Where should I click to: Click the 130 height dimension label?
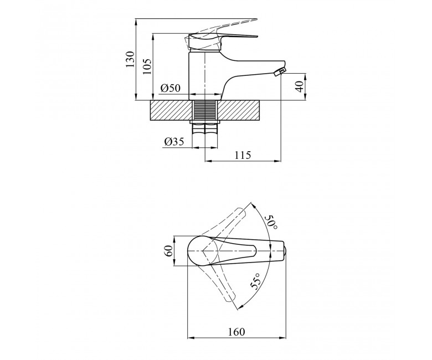pos(130,59)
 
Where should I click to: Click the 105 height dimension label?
pos(147,66)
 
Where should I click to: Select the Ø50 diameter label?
pos(171,88)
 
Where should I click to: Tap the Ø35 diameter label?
pos(174,142)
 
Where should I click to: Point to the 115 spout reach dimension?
pos(243,155)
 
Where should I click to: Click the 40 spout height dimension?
pos(300,86)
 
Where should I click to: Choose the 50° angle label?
pos(271,222)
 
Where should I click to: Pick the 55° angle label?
pos(255,281)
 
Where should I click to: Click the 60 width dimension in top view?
pos(168,251)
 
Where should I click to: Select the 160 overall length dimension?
pos(236,332)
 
